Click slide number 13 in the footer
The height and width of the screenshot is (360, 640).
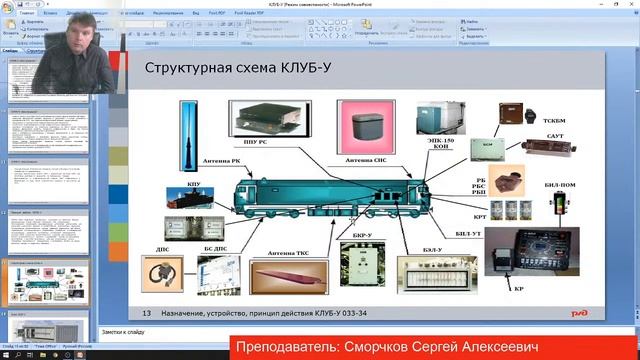[147, 313]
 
